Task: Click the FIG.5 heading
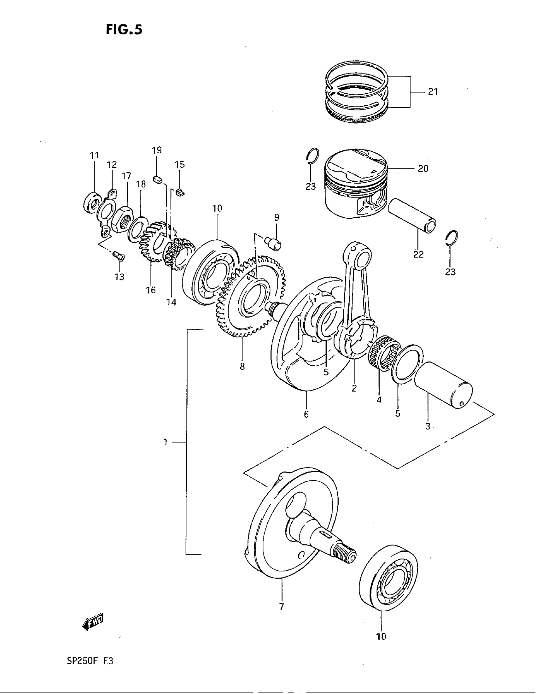124,30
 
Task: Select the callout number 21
433,91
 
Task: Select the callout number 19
157,150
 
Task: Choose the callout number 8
242,366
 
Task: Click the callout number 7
281,607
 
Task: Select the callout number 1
166,442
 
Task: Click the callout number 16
151,290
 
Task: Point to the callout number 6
306,414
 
